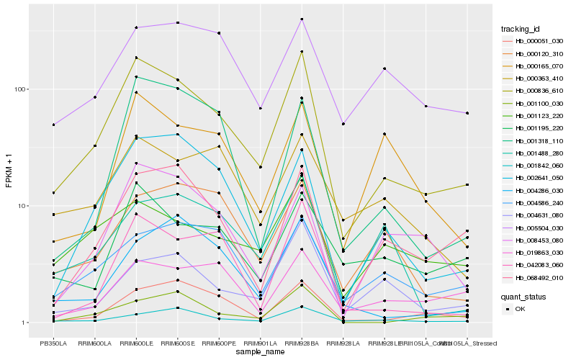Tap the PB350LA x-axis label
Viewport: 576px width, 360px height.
[x=53, y=343]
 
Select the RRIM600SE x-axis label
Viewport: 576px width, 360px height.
[x=177, y=343]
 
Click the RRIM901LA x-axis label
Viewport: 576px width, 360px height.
[x=260, y=343]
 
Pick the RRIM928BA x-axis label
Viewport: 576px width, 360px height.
[x=302, y=343]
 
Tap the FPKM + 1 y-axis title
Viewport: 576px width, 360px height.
[x=9, y=174]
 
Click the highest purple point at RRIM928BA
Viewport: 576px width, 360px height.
[x=302, y=19]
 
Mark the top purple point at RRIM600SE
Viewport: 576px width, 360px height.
[x=177, y=23]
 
